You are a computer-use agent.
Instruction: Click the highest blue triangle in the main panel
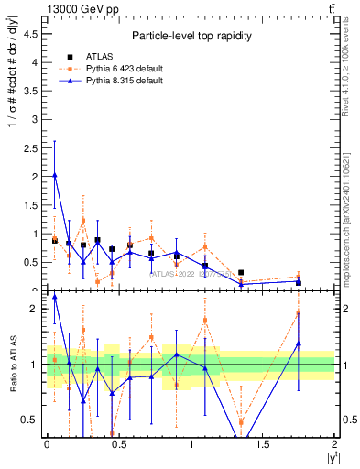point(55,175)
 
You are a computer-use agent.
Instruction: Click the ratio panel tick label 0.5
point(29,420)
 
